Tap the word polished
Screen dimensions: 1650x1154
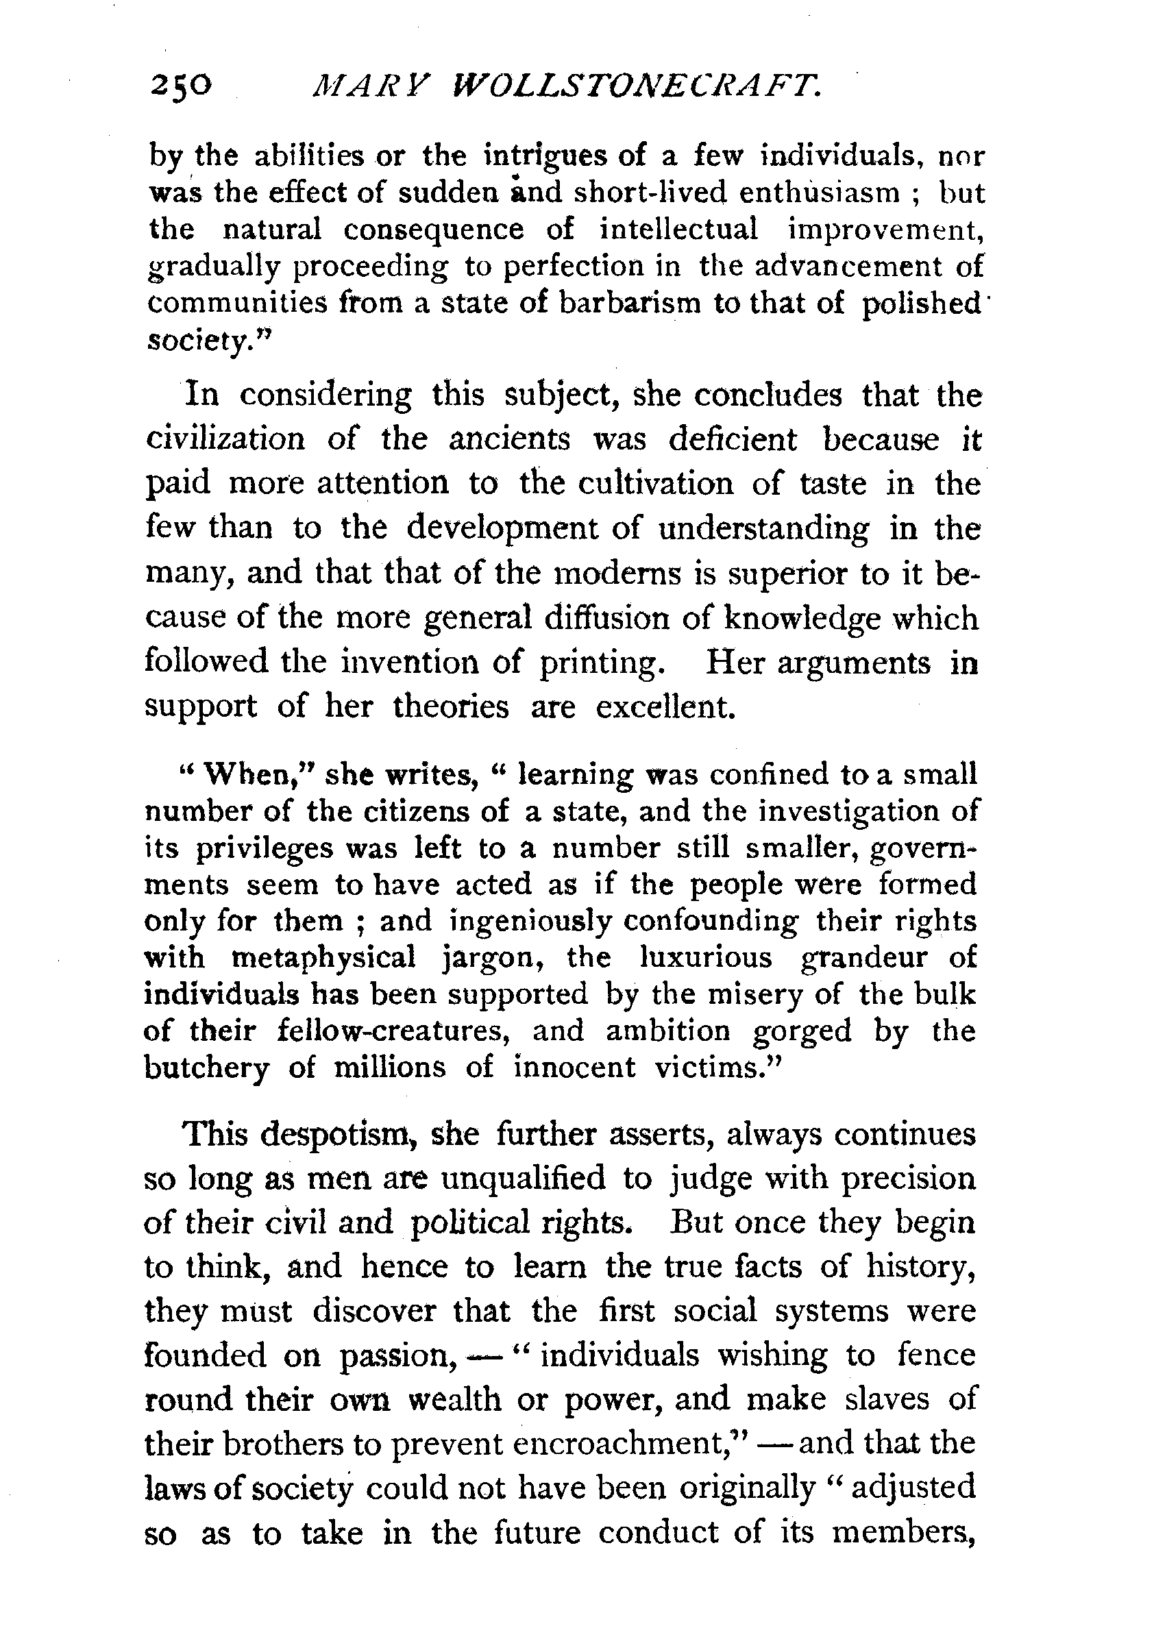point(921,305)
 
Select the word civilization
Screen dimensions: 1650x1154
point(225,439)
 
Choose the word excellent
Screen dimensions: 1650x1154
point(666,707)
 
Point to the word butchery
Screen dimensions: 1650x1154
point(206,1068)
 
